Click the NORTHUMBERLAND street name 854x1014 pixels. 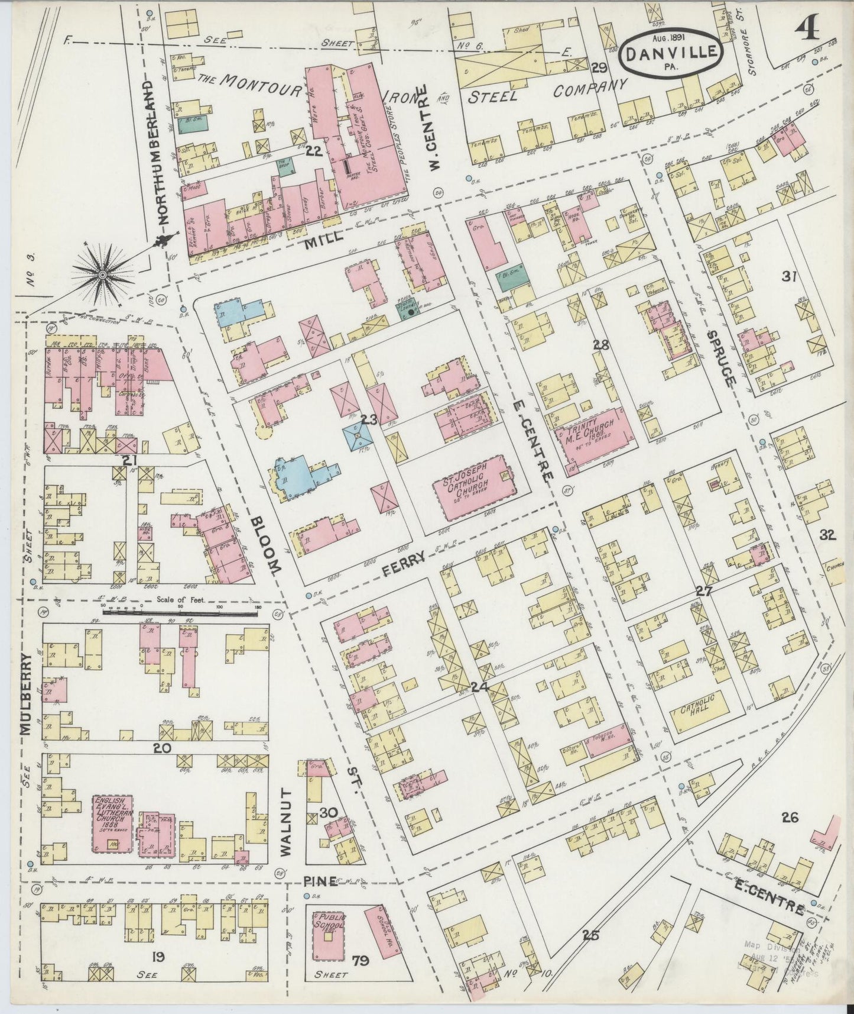click(163, 152)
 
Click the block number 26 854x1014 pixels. click(790, 818)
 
